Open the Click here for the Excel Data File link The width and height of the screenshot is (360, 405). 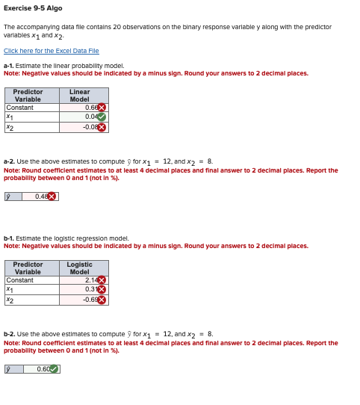click(x=51, y=51)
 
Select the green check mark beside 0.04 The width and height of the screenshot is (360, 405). click(x=102, y=117)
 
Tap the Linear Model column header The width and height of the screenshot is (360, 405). click(x=80, y=95)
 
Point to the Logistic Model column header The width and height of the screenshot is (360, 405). click(x=80, y=268)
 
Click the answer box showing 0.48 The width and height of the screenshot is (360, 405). click(x=40, y=197)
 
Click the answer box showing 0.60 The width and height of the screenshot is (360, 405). click(x=42, y=368)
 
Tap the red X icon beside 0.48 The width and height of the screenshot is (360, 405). click(x=52, y=197)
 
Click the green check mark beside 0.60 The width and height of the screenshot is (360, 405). click(x=54, y=368)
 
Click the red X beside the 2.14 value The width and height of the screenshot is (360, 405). click(x=102, y=280)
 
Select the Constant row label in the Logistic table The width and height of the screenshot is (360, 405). click(x=19, y=280)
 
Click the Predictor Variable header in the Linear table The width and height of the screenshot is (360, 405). click(x=28, y=95)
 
